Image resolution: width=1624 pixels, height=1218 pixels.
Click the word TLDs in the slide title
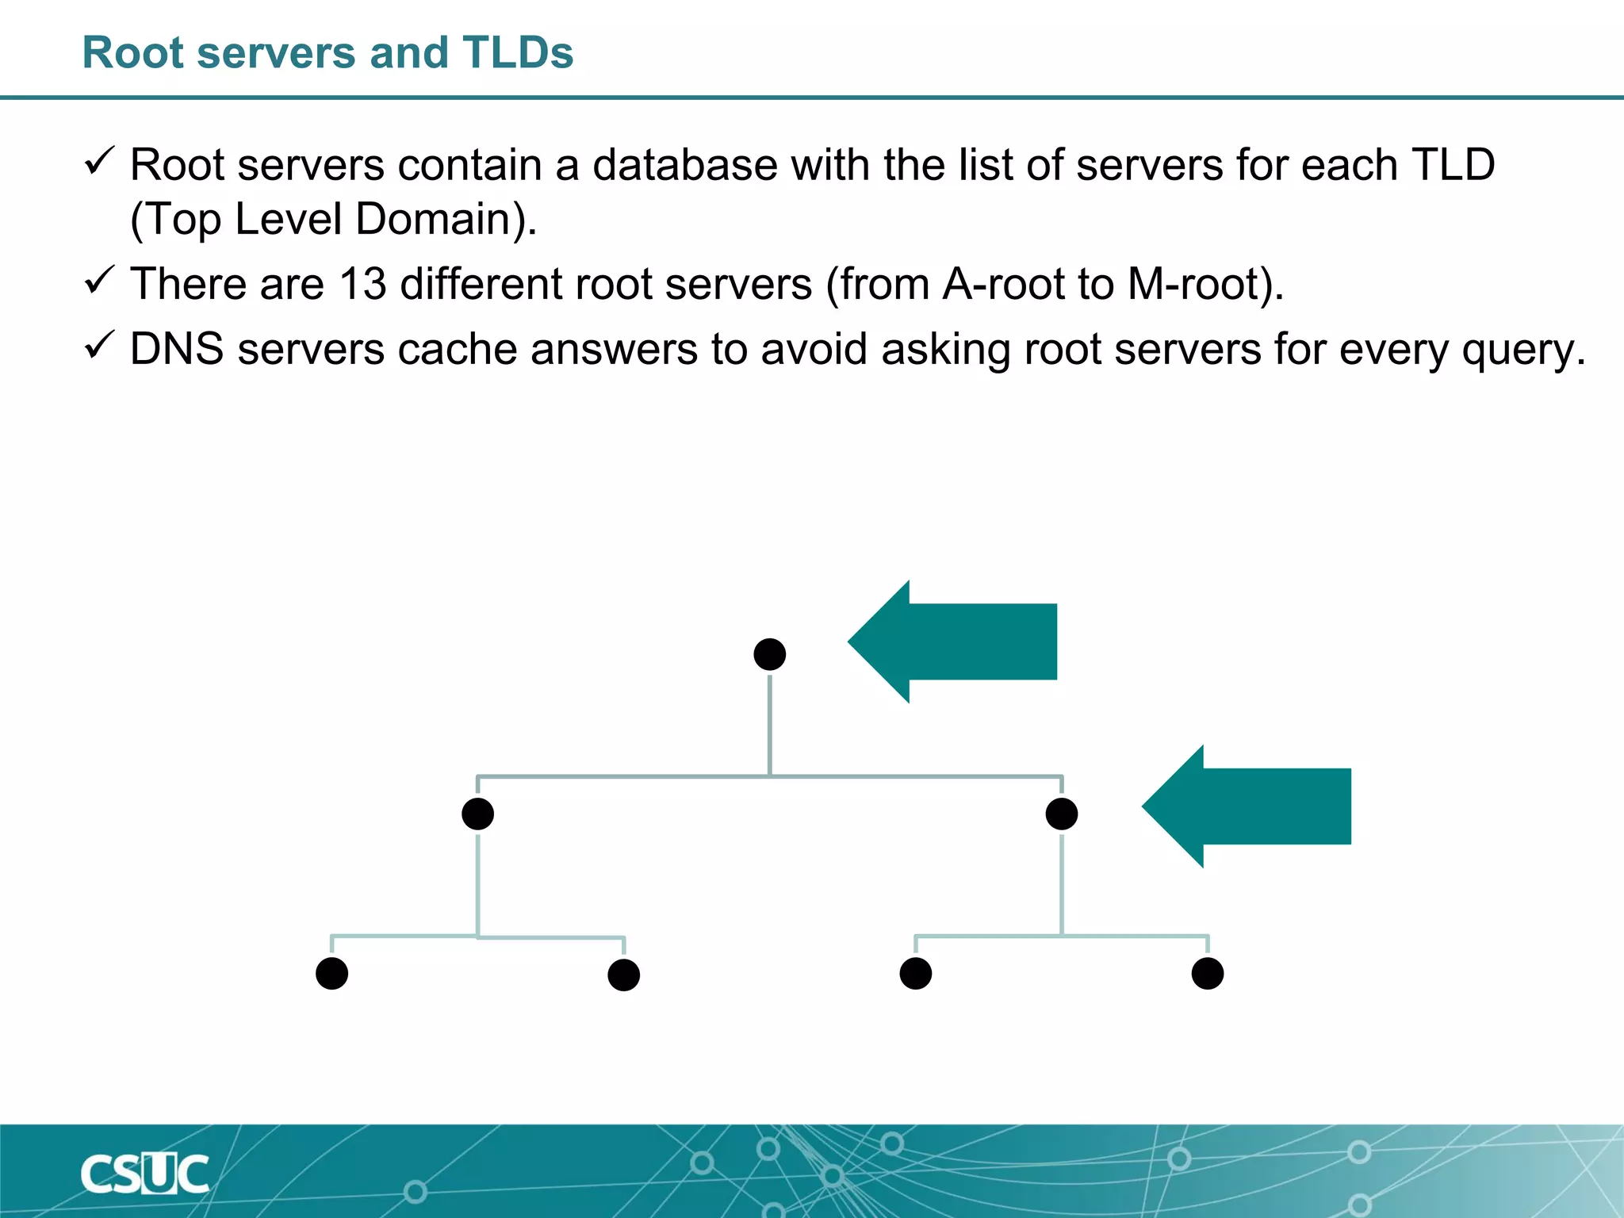pos(518,53)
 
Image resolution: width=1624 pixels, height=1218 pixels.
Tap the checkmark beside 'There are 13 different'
pos(99,281)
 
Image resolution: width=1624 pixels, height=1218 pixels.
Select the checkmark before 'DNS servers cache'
pos(99,346)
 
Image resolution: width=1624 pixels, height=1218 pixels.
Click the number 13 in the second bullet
pos(362,284)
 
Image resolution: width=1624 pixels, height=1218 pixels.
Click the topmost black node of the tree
pos(769,654)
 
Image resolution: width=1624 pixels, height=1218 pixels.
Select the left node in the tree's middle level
pos(477,814)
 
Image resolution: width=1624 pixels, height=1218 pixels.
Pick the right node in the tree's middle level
pos(1061,814)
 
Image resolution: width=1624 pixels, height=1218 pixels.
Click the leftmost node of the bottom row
pos(331,973)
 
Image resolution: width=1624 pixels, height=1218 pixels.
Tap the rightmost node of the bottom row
pos(1207,973)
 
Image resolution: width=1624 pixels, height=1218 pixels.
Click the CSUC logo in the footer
pos(144,1174)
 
